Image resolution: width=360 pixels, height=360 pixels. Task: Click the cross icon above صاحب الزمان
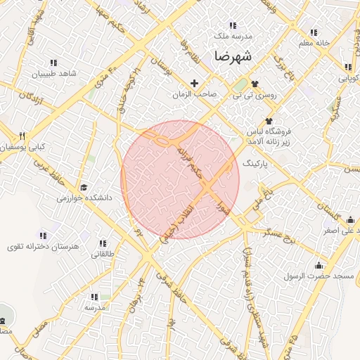(195, 83)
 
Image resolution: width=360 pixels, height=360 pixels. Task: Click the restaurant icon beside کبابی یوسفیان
(22, 136)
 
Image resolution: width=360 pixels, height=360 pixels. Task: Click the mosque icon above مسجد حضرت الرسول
(320, 265)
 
